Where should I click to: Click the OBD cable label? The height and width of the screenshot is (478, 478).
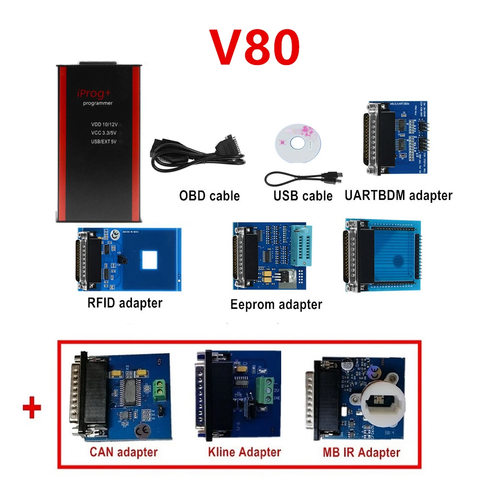pos(209,195)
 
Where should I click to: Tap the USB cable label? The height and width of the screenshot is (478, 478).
pos(303,196)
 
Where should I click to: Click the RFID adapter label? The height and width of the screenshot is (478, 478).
pos(125,303)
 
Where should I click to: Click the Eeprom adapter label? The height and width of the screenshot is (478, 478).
pos(276,304)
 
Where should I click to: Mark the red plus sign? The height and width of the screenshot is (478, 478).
pos(32,409)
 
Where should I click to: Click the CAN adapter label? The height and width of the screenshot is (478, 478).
pos(123,451)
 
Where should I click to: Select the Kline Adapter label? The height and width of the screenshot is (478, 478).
pos(244,451)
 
